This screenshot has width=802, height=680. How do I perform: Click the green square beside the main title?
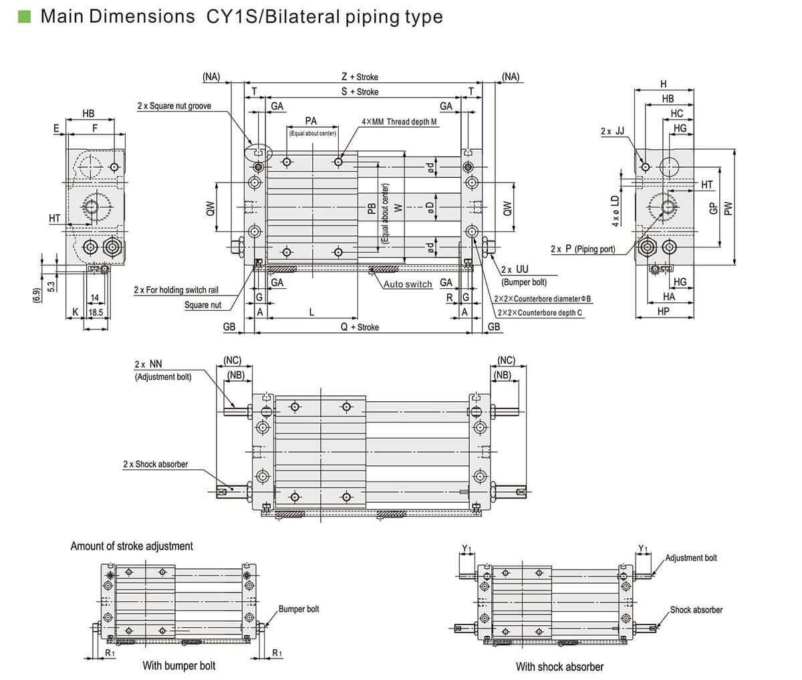[x=25, y=16]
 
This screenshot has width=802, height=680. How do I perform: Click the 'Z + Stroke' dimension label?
[x=360, y=77]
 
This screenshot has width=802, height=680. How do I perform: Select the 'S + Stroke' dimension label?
[x=360, y=92]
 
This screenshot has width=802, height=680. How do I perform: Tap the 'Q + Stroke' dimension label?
[x=360, y=327]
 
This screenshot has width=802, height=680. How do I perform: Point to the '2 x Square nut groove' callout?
[x=174, y=106]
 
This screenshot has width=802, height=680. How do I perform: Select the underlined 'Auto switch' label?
[x=408, y=284]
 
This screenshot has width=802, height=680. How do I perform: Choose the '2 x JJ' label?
[x=612, y=131]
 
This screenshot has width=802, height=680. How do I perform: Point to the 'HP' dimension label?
[x=663, y=311]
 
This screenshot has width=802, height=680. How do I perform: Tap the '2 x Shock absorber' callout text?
[x=155, y=464]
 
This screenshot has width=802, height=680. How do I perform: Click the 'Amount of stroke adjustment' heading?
[x=132, y=546]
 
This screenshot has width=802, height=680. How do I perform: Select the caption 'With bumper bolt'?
[x=179, y=665]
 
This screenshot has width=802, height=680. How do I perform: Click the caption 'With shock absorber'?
[x=559, y=667]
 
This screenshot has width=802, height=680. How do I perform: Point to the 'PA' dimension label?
[x=311, y=121]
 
